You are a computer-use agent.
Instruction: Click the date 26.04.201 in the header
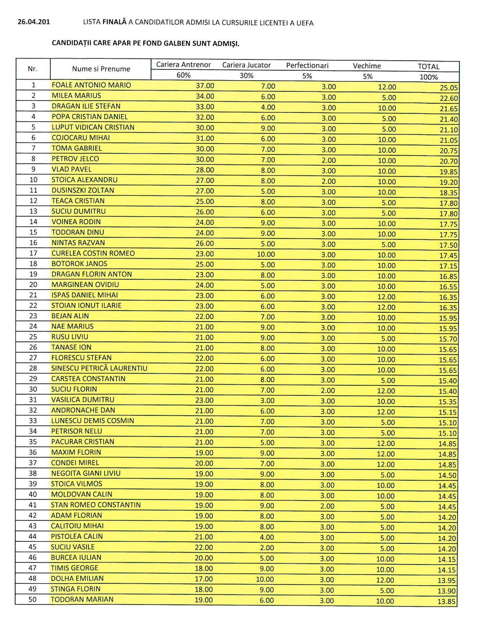click(x=34, y=22)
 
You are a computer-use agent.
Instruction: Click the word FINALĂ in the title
click(x=114, y=22)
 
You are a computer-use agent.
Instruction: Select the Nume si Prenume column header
click(x=101, y=69)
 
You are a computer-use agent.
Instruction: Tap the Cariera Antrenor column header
click(x=183, y=65)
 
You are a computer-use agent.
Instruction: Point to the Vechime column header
click(x=367, y=66)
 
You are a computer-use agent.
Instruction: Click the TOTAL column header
click(x=428, y=67)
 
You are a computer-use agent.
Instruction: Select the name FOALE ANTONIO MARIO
click(x=91, y=85)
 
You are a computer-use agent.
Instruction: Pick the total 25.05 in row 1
click(x=449, y=88)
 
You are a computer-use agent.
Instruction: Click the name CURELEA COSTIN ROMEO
click(x=93, y=253)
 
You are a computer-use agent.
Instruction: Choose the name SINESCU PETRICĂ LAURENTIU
click(x=99, y=368)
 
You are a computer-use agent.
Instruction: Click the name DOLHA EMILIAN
click(x=77, y=579)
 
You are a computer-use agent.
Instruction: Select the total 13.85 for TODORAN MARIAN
click(x=447, y=602)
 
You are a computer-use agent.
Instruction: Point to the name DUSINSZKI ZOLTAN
click(x=83, y=190)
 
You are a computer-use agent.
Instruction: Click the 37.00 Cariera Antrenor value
click(x=205, y=86)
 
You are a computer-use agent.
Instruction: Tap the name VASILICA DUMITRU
click(x=83, y=400)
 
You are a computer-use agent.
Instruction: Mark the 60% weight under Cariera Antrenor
click(x=183, y=75)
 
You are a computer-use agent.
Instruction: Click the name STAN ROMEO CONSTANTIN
click(x=96, y=505)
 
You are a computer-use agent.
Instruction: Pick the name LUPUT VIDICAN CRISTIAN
click(x=93, y=127)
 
